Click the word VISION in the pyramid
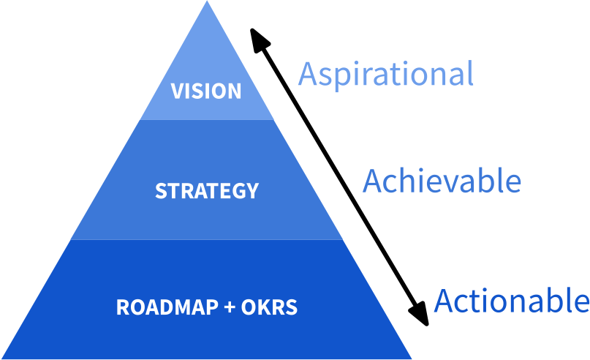(206, 91)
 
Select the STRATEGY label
(207, 191)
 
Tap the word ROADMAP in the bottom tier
(166, 307)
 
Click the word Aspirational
(386, 75)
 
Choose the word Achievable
(442, 181)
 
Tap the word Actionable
(512, 300)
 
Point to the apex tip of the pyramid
(207, 2)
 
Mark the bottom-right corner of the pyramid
(412, 358)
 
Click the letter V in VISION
(176, 91)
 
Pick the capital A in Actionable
(445, 300)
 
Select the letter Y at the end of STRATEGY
(252, 191)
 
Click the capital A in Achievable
(374, 181)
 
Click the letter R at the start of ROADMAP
(122, 307)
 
